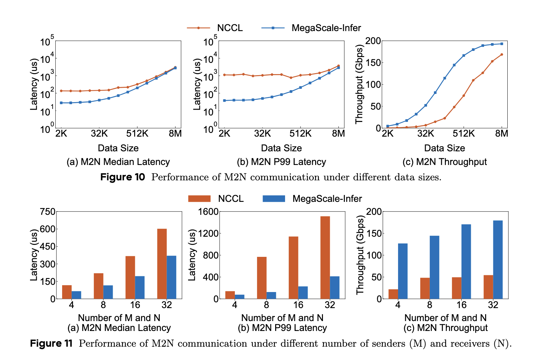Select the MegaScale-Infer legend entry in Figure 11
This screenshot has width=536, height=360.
[x=312, y=198]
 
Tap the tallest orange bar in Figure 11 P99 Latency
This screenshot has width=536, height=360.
[x=325, y=258]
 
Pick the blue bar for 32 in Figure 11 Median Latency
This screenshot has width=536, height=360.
[x=171, y=277]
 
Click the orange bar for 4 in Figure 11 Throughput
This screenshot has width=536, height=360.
[x=393, y=294]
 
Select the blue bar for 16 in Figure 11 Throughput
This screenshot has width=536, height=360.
[x=466, y=262]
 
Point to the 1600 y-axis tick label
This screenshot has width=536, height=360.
[x=208, y=212]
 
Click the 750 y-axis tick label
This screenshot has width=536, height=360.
[x=47, y=212]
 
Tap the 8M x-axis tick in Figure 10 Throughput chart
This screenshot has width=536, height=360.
[x=502, y=134]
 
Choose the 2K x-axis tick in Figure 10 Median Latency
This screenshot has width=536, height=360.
[x=61, y=134]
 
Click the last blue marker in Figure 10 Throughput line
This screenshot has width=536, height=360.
[x=502, y=44]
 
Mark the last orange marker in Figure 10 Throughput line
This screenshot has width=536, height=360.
[x=502, y=54]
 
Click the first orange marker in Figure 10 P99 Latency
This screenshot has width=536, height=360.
[x=224, y=75]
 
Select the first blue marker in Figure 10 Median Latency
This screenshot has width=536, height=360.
[x=61, y=103]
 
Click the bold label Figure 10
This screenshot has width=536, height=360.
[x=123, y=177]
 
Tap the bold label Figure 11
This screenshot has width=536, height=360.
[x=51, y=343]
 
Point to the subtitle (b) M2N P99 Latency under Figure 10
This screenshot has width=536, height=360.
[x=281, y=162]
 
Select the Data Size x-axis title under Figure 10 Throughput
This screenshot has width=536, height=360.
[x=445, y=148]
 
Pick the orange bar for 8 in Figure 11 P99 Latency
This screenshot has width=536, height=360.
[x=262, y=278]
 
